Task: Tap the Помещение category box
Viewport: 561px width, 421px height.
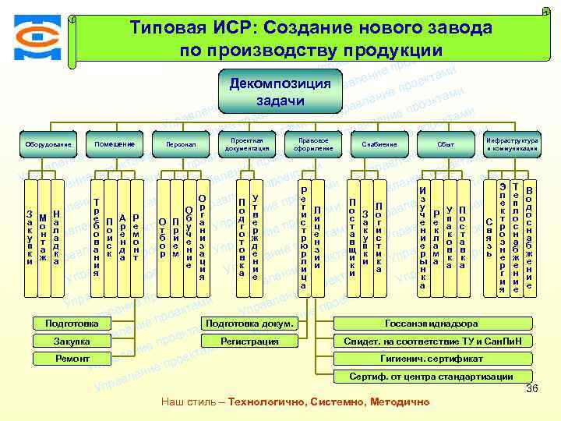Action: click(115, 144)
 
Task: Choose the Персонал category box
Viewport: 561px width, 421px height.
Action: click(181, 144)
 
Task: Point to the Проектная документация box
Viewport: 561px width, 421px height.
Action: click(246, 144)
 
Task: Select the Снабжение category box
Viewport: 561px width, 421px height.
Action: click(379, 144)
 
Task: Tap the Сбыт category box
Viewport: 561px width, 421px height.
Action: click(446, 144)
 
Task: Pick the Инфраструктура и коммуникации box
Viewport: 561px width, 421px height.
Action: click(512, 144)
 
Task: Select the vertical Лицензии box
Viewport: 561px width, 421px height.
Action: click(317, 239)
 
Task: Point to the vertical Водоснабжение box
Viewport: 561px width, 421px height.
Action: click(530, 239)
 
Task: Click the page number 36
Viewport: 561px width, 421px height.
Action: click(533, 389)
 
